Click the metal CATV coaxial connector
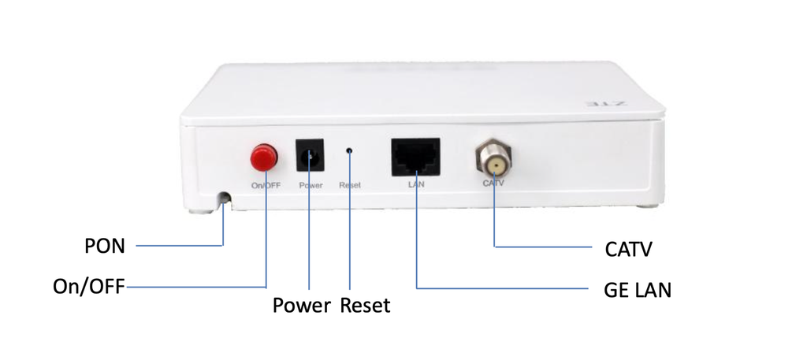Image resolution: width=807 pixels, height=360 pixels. (x=493, y=161)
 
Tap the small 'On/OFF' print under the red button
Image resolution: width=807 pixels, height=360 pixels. (x=266, y=186)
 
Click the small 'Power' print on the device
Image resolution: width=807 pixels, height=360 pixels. (x=311, y=186)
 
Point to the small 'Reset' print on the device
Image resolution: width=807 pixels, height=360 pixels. (x=349, y=186)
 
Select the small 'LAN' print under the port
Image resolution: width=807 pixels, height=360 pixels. (x=415, y=185)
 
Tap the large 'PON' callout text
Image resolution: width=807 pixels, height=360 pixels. (x=105, y=247)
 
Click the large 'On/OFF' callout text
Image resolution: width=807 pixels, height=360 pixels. (x=88, y=286)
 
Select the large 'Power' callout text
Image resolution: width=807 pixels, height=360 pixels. (x=301, y=306)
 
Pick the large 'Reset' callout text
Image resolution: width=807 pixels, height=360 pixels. (x=365, y=306)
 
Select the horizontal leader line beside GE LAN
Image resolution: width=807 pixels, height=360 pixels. (x=504, y=288)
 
